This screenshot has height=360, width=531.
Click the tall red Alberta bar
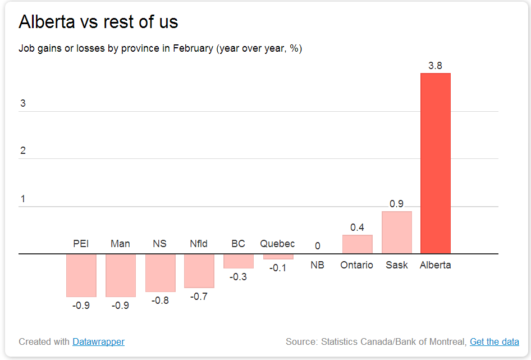(436, 163)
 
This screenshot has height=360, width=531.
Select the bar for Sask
(396, 233)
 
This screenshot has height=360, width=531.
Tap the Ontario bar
(357, 244)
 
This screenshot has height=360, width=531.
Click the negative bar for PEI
(81, 275)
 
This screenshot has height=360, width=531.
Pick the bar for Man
(121, 275)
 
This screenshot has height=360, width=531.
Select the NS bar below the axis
(160, 273)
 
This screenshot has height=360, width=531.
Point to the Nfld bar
(199, 271)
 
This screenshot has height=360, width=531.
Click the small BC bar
(239, 261)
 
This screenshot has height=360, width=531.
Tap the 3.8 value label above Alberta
(436, 66)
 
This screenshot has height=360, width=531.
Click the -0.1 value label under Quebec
(278, 268)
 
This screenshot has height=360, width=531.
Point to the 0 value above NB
(318, 246)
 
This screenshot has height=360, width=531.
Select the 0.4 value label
(357, 227)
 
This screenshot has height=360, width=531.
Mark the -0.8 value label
(160, 300)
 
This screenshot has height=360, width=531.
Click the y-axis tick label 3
(22, 103)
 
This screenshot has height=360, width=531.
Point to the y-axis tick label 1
(22, 199)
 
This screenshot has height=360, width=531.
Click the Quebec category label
(277, 244)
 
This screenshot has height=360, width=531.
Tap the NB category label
(318, 265)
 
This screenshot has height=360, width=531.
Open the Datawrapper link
(98, 341)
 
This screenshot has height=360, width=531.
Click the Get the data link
(494, 341)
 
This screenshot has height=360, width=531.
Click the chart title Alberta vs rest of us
(98, 22)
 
